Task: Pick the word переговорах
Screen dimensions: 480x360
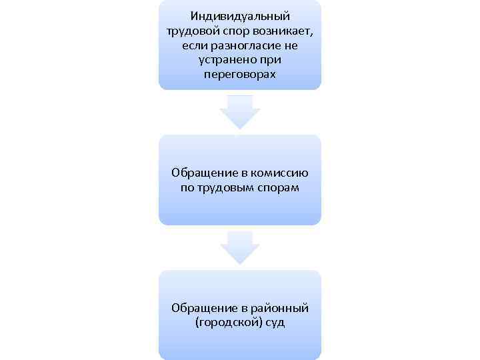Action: tap(239, 74)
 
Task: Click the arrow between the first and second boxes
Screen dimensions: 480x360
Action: tap(239, 111)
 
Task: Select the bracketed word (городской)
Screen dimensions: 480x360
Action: tap(229, 323)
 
